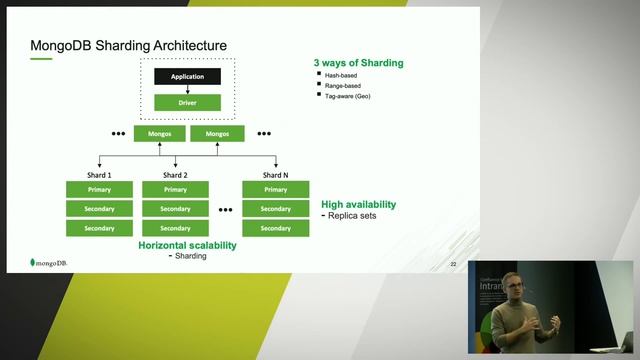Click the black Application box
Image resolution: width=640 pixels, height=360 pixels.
(x=187, y=76)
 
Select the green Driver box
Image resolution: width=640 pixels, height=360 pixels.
(x=187, y=102)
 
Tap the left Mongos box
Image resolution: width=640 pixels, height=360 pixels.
(x=160, y=133)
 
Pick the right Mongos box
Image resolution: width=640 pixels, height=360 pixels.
(x=217, y=133)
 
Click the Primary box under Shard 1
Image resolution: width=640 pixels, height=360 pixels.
(x=99, y=190)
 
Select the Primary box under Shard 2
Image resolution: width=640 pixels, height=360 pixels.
(x=175, y=190)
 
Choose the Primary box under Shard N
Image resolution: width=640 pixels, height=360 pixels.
(x=275, y=190)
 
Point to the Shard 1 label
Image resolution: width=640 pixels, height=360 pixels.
(x=99, y=175)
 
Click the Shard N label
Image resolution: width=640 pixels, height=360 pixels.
(x=275, y=175)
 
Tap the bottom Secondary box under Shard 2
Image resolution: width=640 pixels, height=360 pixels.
(x=175, y=228)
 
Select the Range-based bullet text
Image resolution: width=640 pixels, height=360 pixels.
(x=342, y=86)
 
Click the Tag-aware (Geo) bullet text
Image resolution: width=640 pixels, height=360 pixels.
(x=348, y=97)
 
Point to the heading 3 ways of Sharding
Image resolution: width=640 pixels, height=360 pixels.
(x=359, y=63)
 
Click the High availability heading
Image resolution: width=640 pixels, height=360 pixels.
(x=358, y=204)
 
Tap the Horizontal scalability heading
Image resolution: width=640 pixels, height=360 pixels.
(x=187, y=245)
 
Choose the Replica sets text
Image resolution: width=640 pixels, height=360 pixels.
(x=353, y=215)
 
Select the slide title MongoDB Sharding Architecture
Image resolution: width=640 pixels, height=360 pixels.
(x=129, y=46)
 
